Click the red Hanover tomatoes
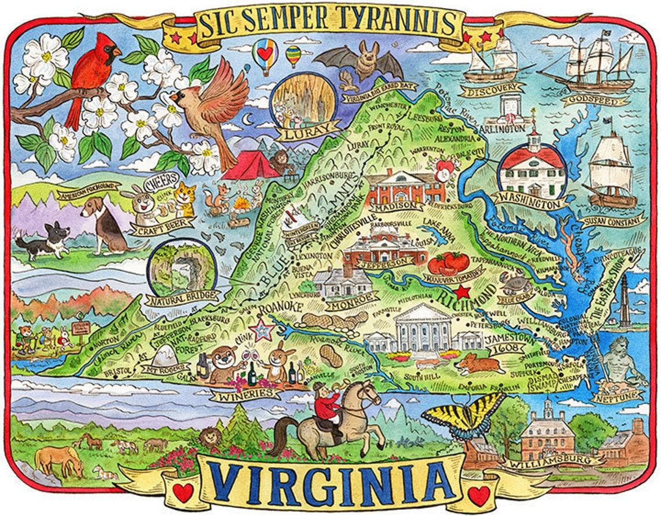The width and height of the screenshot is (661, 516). [448, 263]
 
